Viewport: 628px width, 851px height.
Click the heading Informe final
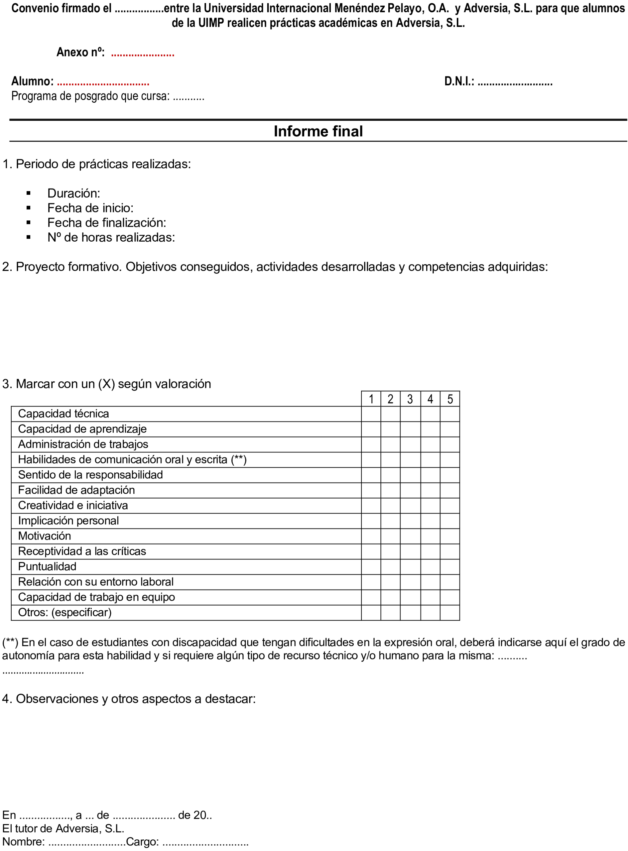click(318, 131)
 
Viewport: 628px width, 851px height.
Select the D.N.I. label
click(459, 81)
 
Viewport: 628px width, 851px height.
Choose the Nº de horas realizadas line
click(111, 237)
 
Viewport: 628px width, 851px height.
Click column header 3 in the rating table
click(410, 399)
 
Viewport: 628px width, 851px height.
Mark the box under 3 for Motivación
click(410, 536)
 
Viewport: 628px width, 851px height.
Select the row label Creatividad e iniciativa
click(73, 505)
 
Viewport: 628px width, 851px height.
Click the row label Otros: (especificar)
click(65, 612)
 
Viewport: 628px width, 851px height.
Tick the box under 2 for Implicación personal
click(390, 521)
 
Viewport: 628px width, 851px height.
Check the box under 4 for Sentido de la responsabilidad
click(430, 475)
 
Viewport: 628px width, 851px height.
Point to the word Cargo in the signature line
click(142, 841)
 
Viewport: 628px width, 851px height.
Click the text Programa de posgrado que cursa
click(90, 96)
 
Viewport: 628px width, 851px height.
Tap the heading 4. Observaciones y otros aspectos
click(128, 699)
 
